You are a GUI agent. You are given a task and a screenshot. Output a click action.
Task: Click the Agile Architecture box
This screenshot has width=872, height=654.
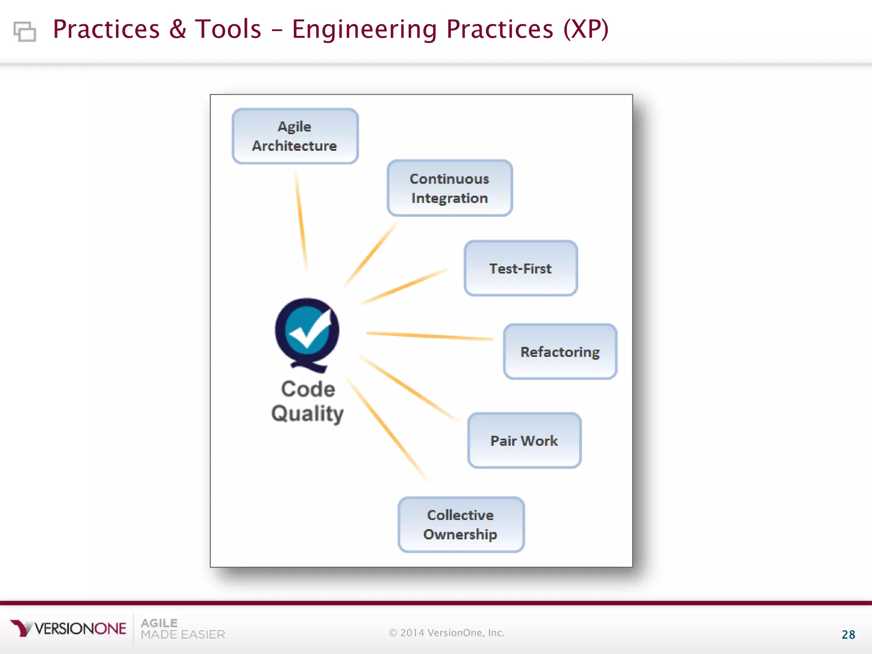pos(295,136)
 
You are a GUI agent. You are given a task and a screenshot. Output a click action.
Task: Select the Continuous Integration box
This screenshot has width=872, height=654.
pos(449,188)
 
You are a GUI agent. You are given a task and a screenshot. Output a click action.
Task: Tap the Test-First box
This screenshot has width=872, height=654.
pos(520,268)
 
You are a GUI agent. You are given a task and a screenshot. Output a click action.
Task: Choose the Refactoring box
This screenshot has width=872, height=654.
pos(559,352)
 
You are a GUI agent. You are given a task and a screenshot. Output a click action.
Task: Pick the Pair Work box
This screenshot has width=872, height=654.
pos(524,440)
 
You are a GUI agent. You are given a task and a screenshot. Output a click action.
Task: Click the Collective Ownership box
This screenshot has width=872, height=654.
pos(460,525)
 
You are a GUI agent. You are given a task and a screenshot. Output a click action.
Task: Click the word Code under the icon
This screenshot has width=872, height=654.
pos(308,389)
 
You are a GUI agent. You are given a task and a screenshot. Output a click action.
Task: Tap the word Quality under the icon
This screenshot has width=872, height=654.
pos(307,413)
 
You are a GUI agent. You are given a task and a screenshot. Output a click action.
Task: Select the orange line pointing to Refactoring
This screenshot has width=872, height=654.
pos(430,336)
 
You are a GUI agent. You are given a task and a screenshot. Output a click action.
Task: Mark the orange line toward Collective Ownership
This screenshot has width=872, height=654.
pos(387,430)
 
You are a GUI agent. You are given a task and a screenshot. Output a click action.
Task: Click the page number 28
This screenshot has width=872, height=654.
pos(848,634)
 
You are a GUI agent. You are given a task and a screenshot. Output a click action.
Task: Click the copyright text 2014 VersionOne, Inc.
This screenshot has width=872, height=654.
pos(447,633)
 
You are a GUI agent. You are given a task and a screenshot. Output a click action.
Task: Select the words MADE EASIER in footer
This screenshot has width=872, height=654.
pos(183,635)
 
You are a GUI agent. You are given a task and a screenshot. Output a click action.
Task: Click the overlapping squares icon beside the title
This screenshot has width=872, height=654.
pos(25,32)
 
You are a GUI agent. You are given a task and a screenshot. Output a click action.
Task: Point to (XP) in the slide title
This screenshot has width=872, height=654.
pos(586,30)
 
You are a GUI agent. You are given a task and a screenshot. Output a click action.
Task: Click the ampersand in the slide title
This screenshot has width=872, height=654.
pos(178,30)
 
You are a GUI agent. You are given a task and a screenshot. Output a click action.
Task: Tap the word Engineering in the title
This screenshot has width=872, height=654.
pos(364,30)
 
